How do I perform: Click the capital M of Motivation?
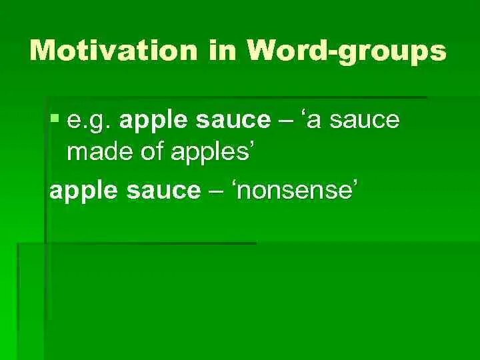click(46, 51)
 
